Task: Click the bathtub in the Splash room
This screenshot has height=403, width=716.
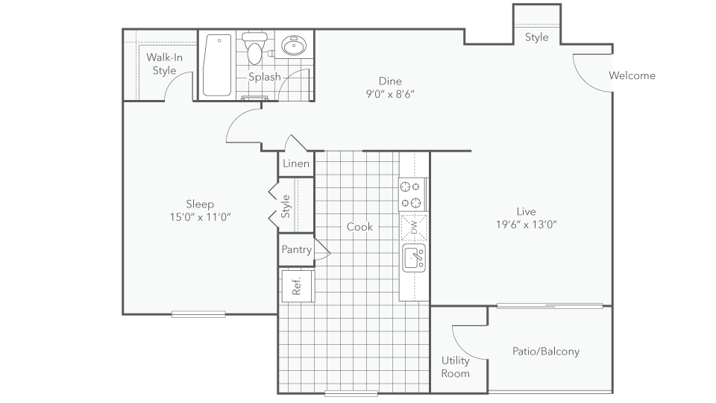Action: click(217, 65)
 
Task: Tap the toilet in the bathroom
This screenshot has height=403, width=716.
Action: click(255, 49)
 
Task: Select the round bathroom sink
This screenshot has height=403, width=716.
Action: click(293, 47)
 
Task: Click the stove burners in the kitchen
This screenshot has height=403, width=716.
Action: click(412, 194)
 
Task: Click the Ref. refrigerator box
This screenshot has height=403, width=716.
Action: click(296, 286)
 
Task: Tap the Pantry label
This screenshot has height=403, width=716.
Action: click(296, 250)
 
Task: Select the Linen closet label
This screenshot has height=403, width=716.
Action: click(295, 163)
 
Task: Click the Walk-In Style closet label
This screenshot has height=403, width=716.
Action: click(161, 63)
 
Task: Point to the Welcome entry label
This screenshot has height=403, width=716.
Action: click(632, 75)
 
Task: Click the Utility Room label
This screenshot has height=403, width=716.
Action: click(455, 366)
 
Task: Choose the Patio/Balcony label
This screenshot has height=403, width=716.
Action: click(546, 351)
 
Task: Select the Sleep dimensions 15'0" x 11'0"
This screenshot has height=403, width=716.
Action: click(199, 217)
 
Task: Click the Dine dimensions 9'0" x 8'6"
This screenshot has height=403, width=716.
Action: click(389, 94)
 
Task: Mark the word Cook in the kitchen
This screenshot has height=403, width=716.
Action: click(359, 227)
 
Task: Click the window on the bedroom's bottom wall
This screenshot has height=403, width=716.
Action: click(198, 314)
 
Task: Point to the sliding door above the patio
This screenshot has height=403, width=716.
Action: click(550, 305)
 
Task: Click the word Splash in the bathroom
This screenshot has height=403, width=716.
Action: click(265, 77)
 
